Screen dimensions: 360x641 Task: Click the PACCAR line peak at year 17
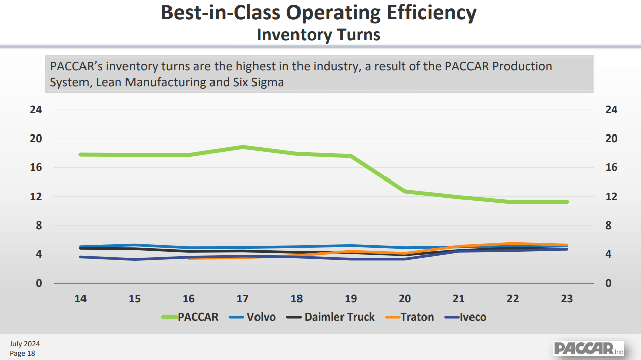point(243,147)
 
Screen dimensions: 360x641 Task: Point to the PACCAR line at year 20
point(405,191)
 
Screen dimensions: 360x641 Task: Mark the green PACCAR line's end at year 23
point(567,202)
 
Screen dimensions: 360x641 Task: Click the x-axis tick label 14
point(80,299)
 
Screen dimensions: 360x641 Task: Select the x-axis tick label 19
point(351,299)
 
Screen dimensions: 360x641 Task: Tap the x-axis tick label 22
point(512,299)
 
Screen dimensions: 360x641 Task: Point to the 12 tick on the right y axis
point(611,196)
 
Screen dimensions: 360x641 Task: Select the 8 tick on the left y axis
point(39,226)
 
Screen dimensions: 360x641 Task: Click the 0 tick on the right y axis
point(608,283)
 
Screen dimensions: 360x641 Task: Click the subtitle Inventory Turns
point(319,35)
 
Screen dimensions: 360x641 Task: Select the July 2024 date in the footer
point(25,344)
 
